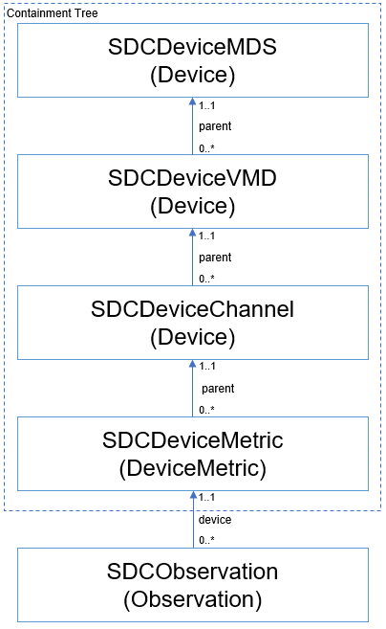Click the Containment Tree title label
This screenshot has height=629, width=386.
click(x=52, y=13)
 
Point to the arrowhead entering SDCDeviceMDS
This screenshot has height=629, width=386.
click(x=193, y=101)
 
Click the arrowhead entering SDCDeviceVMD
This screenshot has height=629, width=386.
click(x=193, y=233)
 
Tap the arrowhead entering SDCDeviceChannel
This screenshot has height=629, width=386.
click(x=193, y=364)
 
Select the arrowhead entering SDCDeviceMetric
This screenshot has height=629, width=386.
click(x=193, y=495)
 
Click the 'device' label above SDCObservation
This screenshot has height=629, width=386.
click(x=215, y=520)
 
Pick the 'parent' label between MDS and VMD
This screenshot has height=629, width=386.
click(x=215, y=126)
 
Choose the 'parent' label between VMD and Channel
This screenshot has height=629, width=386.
click(x=215, y=258)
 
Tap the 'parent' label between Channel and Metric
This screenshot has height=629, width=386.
click(x=218, y=389)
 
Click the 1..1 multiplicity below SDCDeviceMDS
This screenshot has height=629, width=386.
click(x=207, y=105)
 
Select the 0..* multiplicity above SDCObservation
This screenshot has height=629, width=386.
click(x=206, y=540)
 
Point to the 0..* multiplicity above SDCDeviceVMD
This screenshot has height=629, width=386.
click(x=206, y=148)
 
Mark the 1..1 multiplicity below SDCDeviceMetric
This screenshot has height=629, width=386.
click(x=207, y=497)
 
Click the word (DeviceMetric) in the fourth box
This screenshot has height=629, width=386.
click(x=193, y=468)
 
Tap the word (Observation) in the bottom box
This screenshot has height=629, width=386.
click(x=193, y=599)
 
